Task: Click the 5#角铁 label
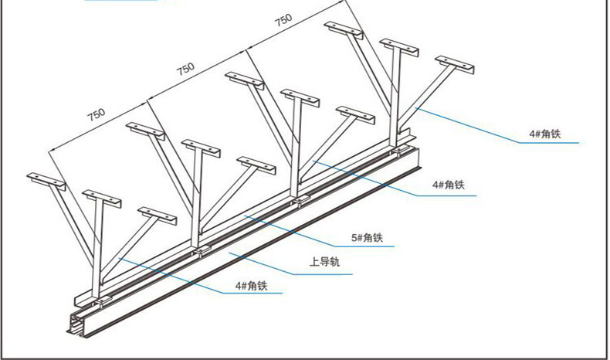click(367, 238)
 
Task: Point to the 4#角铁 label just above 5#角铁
click(448, 185)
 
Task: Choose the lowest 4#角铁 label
click(251, 286)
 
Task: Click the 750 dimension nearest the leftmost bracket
click(96, 115)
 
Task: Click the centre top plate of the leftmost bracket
click(102, 196)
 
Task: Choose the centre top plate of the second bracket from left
click(202, 147)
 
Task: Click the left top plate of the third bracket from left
click(245, 80)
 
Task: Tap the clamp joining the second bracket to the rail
click(202, 250)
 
